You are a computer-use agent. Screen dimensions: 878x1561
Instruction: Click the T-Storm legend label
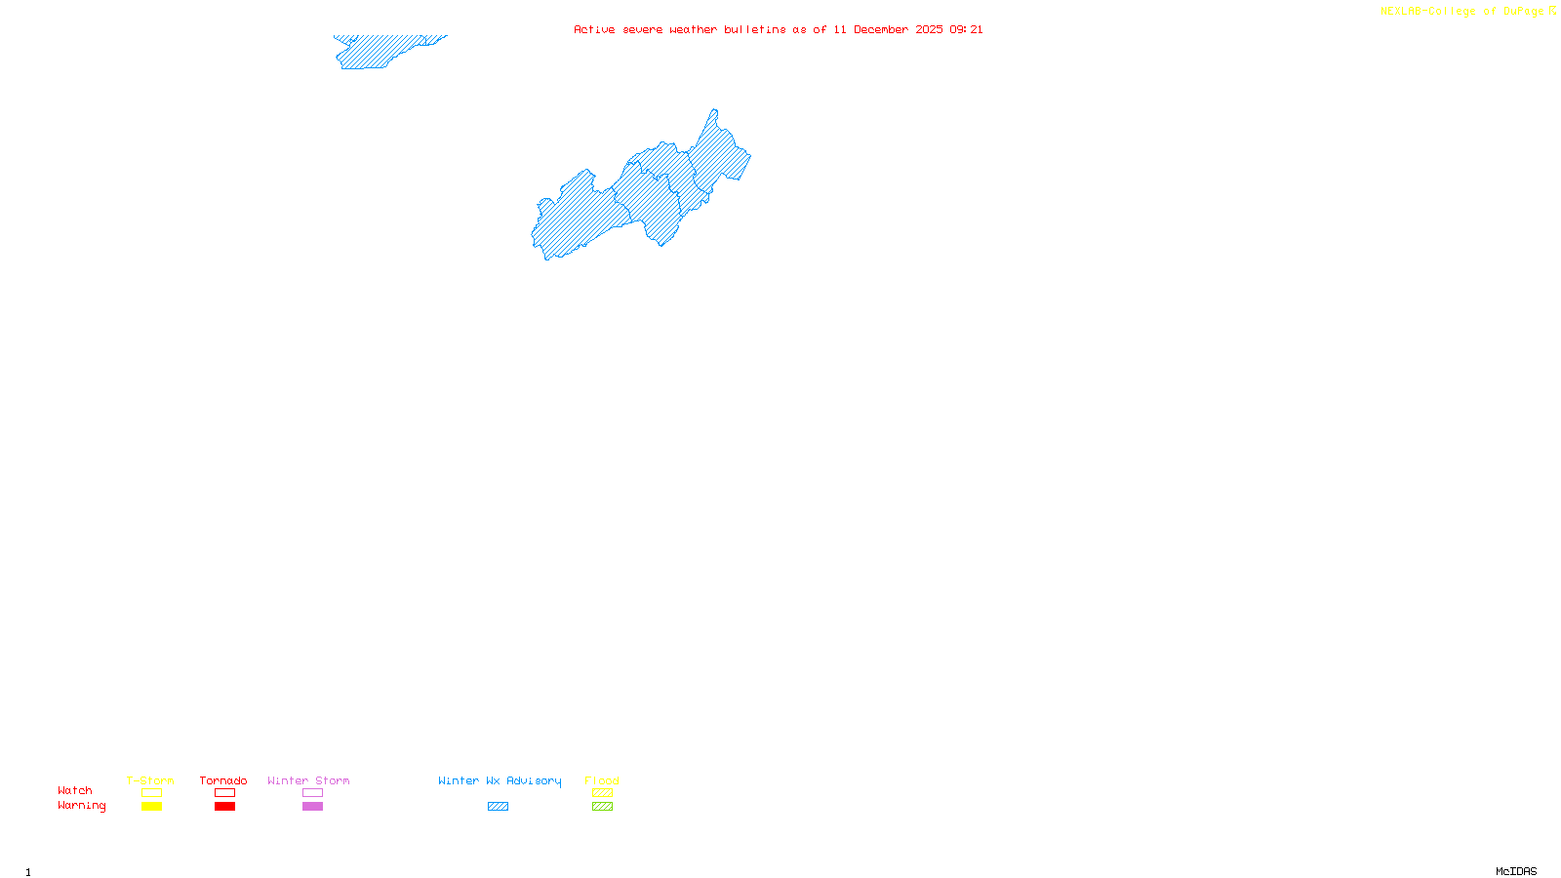(150, 780)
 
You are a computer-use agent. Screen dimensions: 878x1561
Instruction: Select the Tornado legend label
(223, 780)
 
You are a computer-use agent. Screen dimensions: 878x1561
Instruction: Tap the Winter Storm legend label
(308, 780)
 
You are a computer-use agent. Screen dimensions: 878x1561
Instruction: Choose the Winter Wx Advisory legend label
(500, 780)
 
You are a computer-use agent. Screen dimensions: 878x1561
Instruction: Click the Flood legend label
(602, 780)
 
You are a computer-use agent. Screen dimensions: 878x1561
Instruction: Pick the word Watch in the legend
(75, 790)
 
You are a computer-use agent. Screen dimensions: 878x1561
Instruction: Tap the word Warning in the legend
(82, 806)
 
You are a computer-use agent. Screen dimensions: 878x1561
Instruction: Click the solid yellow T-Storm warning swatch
(151, 807)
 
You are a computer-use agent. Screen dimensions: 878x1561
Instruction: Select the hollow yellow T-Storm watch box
(151, 793)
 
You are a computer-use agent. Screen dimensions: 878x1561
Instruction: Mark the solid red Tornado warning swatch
(225, 807)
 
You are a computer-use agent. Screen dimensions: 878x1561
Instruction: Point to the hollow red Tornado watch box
(225, 793)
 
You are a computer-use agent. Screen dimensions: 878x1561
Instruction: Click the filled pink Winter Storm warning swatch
(312, 807)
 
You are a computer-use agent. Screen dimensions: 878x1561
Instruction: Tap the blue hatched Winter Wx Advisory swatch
(498, 807)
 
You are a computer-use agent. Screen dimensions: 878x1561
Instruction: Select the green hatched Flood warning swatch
(602, 807)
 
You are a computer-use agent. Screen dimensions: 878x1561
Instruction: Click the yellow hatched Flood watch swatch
(602, 793)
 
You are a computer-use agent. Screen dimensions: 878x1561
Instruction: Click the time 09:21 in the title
(966, 29)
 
